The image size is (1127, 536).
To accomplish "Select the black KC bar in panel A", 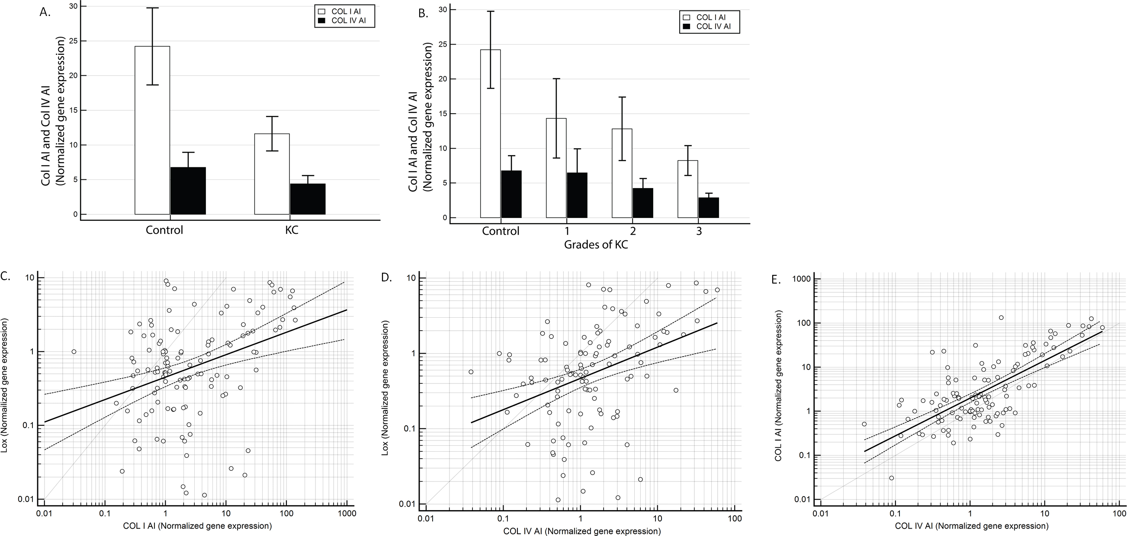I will [x=308, y=199].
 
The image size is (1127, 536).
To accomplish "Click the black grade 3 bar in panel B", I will [x=708, y=207].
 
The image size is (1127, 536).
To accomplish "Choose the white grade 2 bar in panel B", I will [x=622, y=173].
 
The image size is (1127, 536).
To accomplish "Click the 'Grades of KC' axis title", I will [x=596, y=245].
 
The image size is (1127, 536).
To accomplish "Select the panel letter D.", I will [x=387, y=277].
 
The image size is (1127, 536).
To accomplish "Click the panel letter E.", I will [x=776, y=280].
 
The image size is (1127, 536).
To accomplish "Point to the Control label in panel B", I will [x=501, y=231].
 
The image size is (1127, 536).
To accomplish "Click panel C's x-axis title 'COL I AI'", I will [x=197, y=526].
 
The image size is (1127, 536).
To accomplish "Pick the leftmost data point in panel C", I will [x=74, y=351].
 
